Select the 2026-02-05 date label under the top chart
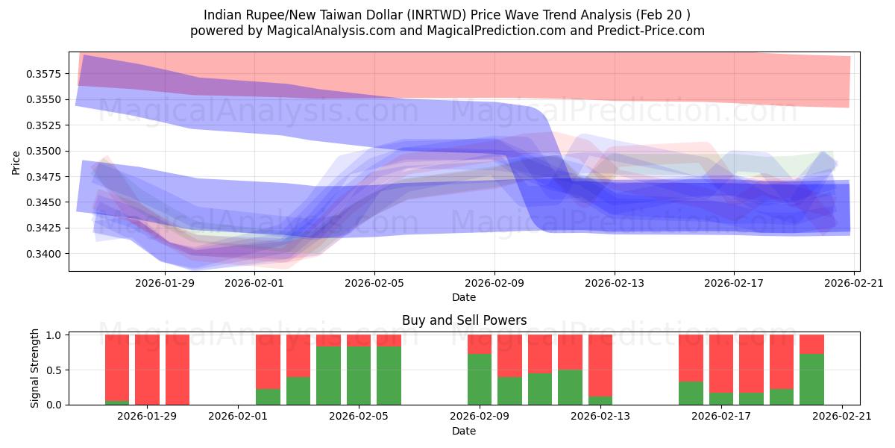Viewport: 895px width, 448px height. coord(374,283)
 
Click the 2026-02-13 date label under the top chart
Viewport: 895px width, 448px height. coord(614,283)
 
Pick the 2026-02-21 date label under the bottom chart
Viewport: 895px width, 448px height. coord(842,416)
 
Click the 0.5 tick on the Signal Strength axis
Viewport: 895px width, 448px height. coord(54,370)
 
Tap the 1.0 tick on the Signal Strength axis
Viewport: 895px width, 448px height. coord(54,335)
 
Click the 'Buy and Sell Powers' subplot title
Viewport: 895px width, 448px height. coord(464,320)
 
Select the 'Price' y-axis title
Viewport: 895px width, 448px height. coord(16,162)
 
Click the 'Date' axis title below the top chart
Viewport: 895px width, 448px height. coord(464,297)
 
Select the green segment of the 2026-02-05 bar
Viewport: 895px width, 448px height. coord(359,376)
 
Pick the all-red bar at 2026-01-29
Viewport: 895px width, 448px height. coord(147,370)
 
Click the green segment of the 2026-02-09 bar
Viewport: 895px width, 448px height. coord(480,379)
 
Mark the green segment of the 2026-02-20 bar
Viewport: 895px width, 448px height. coord(811,379)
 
